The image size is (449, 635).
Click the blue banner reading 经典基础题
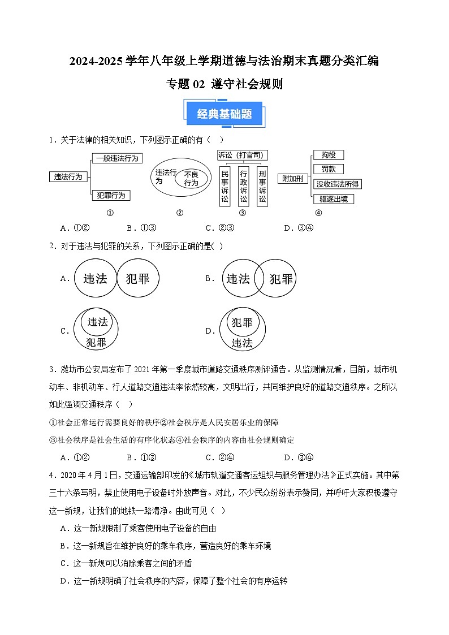click(x=225, y=114)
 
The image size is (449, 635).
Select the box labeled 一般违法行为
click(x=117, y=158)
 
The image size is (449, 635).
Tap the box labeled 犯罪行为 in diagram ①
click(x=111, y=195)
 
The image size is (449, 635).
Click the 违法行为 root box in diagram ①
click(x=68, y=177)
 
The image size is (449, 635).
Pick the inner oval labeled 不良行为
click(x=191, y=179)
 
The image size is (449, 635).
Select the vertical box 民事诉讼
click(x=225, y=186)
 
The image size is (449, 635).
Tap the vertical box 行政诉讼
click(x=243, y=186)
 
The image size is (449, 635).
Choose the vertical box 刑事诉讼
click(x=262, y=186)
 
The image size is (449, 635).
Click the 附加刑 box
click(x=292, y=179)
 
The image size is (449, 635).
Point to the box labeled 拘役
click(x=328, y=155)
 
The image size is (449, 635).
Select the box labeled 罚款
click(x=328, y=169)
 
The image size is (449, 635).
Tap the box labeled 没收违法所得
click(x=338, y=184)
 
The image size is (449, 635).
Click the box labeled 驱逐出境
click(x=333, y=199)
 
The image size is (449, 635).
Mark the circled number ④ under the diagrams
click(x=318, y=213)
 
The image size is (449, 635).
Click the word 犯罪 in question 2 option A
click(x=138, y=279)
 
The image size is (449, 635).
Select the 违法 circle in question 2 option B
click(x=238, y=279)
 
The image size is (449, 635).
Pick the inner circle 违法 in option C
click(x=97, y=322)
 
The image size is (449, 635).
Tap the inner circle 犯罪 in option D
click(x=242, y=322)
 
